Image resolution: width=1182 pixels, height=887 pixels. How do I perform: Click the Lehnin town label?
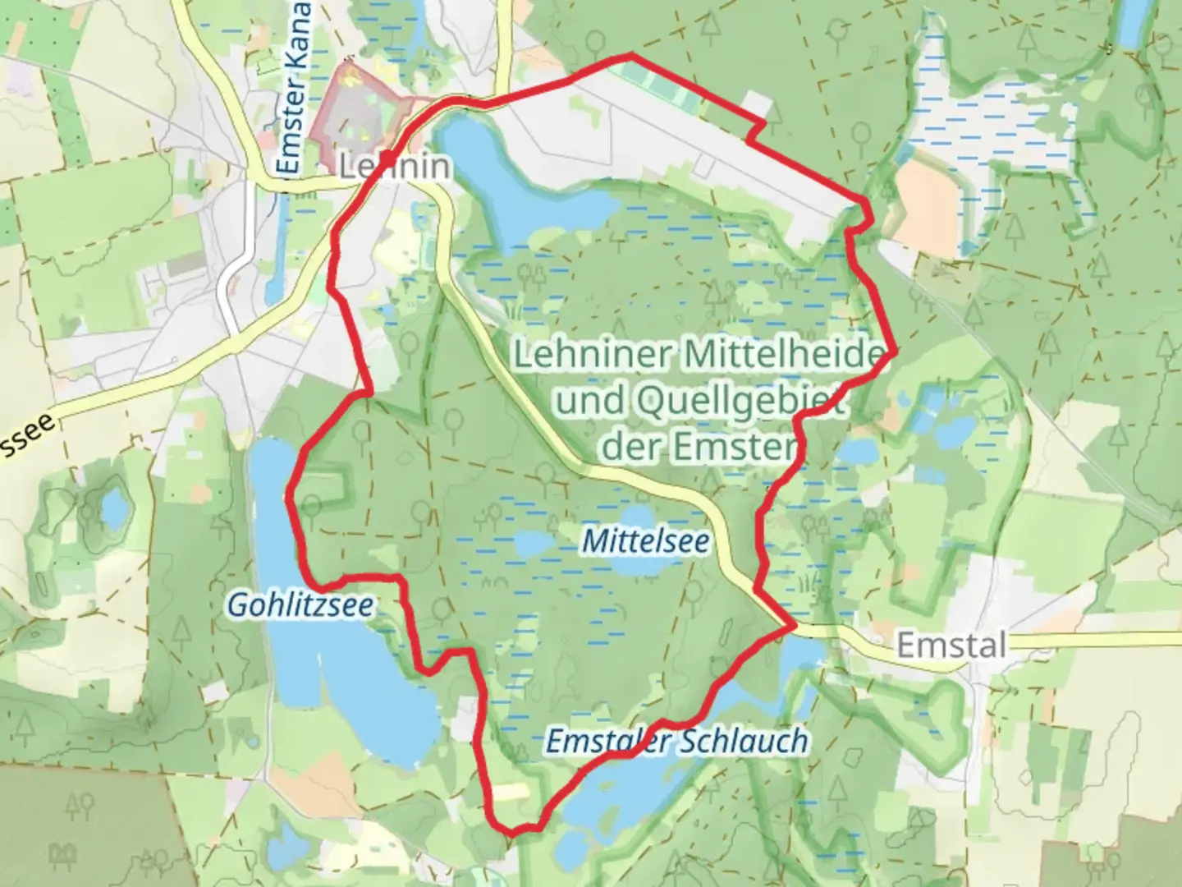pos(395,167)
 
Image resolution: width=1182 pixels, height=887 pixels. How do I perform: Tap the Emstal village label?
pos(951,645)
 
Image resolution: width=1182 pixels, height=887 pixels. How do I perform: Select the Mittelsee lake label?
pos(645,541)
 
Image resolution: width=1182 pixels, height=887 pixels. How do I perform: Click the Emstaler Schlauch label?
pos(676,742)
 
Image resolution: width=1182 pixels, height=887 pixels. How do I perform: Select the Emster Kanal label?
pos(293,90)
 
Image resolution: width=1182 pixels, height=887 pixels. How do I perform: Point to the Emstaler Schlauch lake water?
pos(624,788)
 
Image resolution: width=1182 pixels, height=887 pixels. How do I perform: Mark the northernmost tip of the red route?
pos(630,55)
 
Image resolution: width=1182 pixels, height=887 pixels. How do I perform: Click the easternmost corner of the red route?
pos(893,352)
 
